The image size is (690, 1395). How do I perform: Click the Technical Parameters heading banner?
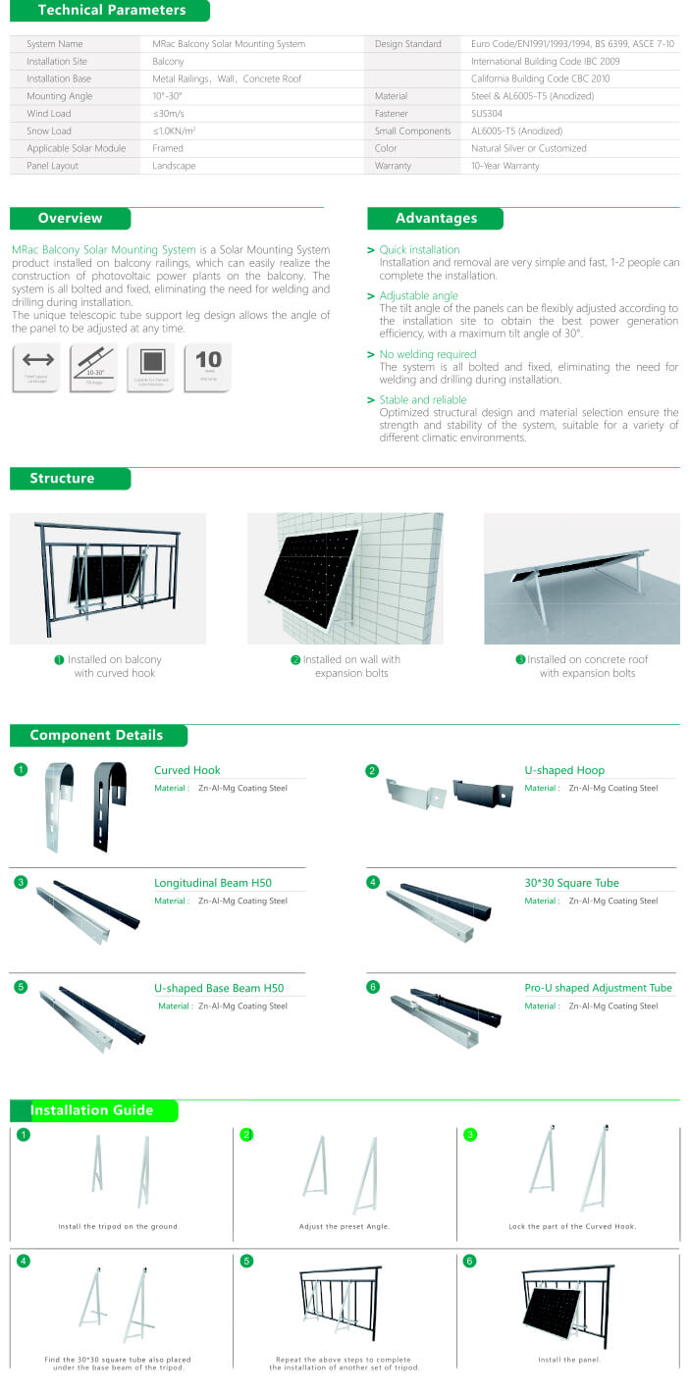click(110, 11)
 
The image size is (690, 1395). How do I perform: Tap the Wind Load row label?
click(49, 114)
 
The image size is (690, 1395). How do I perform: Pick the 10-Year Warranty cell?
click(505, 166)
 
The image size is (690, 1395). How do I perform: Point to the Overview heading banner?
click(70, 218)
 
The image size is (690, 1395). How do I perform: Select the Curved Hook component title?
click(186, 770)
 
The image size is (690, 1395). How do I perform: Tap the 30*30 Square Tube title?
click(571, 883)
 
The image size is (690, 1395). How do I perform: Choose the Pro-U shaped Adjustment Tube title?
click(598, 988)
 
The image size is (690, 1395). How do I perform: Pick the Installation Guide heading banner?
click(92, 1111)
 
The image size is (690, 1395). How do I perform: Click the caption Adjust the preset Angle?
click(345, 1226)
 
